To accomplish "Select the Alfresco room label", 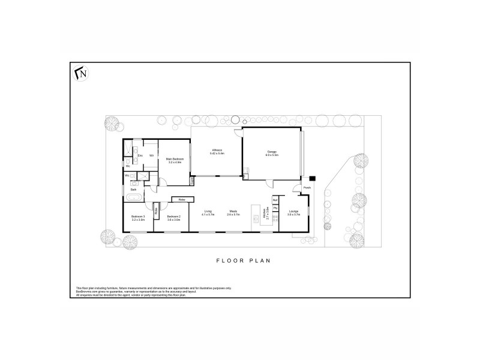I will pos(217,151).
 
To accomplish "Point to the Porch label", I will pos(307,188).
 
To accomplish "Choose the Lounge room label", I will pos(293,211).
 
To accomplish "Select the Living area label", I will pos(208,211).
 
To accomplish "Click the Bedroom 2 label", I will pos(174,217).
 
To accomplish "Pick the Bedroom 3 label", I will pos(139,217).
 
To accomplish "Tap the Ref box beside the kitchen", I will pos(275,200).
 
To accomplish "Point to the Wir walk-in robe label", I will pos(151,156).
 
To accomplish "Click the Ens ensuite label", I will pos(139,156).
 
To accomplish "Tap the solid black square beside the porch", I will pos(313,178).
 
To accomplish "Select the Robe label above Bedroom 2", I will pos(181,199).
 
